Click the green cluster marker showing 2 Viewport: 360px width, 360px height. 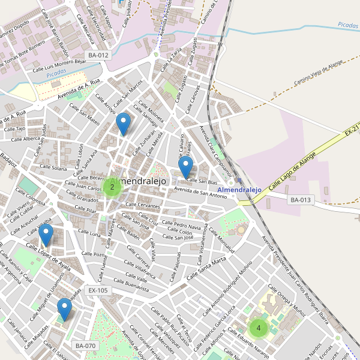pos(112,187)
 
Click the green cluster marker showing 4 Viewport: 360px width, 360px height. pos(259,328)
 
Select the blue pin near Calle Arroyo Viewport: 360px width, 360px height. pos(123,122)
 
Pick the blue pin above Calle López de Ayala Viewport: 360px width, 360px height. pos(46,235)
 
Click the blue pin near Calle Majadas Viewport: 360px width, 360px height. pos(64,308)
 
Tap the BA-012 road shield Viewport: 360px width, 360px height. pos(98,55)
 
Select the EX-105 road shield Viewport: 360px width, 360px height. pos(98,290)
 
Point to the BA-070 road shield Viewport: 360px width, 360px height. pos(86,346)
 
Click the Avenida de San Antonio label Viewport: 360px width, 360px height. pos(200,193)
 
